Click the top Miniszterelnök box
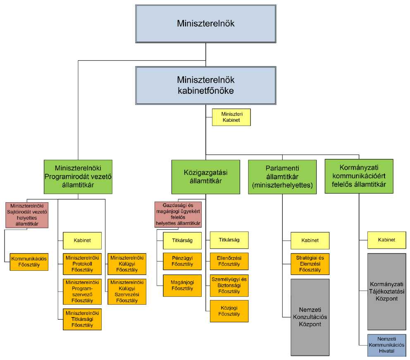point(205,24)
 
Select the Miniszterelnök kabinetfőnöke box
point(205,85)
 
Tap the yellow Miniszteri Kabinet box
point(231,117)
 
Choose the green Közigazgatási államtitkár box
point(205,177)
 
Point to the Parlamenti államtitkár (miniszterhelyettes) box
point(282,177)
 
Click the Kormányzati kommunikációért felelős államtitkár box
point(359,177)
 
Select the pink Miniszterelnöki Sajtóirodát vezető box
point(27,215)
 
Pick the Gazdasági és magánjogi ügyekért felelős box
point(178,215)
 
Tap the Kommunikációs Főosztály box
point(29,262)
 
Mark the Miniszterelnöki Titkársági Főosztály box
point(82,319)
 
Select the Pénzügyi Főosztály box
point(182,261)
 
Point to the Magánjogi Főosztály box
point(182,285)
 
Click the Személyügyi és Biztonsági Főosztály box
point(229,285)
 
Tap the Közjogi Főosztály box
point(229,311)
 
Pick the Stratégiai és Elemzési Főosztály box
point(310,264)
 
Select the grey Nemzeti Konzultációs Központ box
point(310,317)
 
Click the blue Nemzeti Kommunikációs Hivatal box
point(387,345)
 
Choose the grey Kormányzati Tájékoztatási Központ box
point(387,291)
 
